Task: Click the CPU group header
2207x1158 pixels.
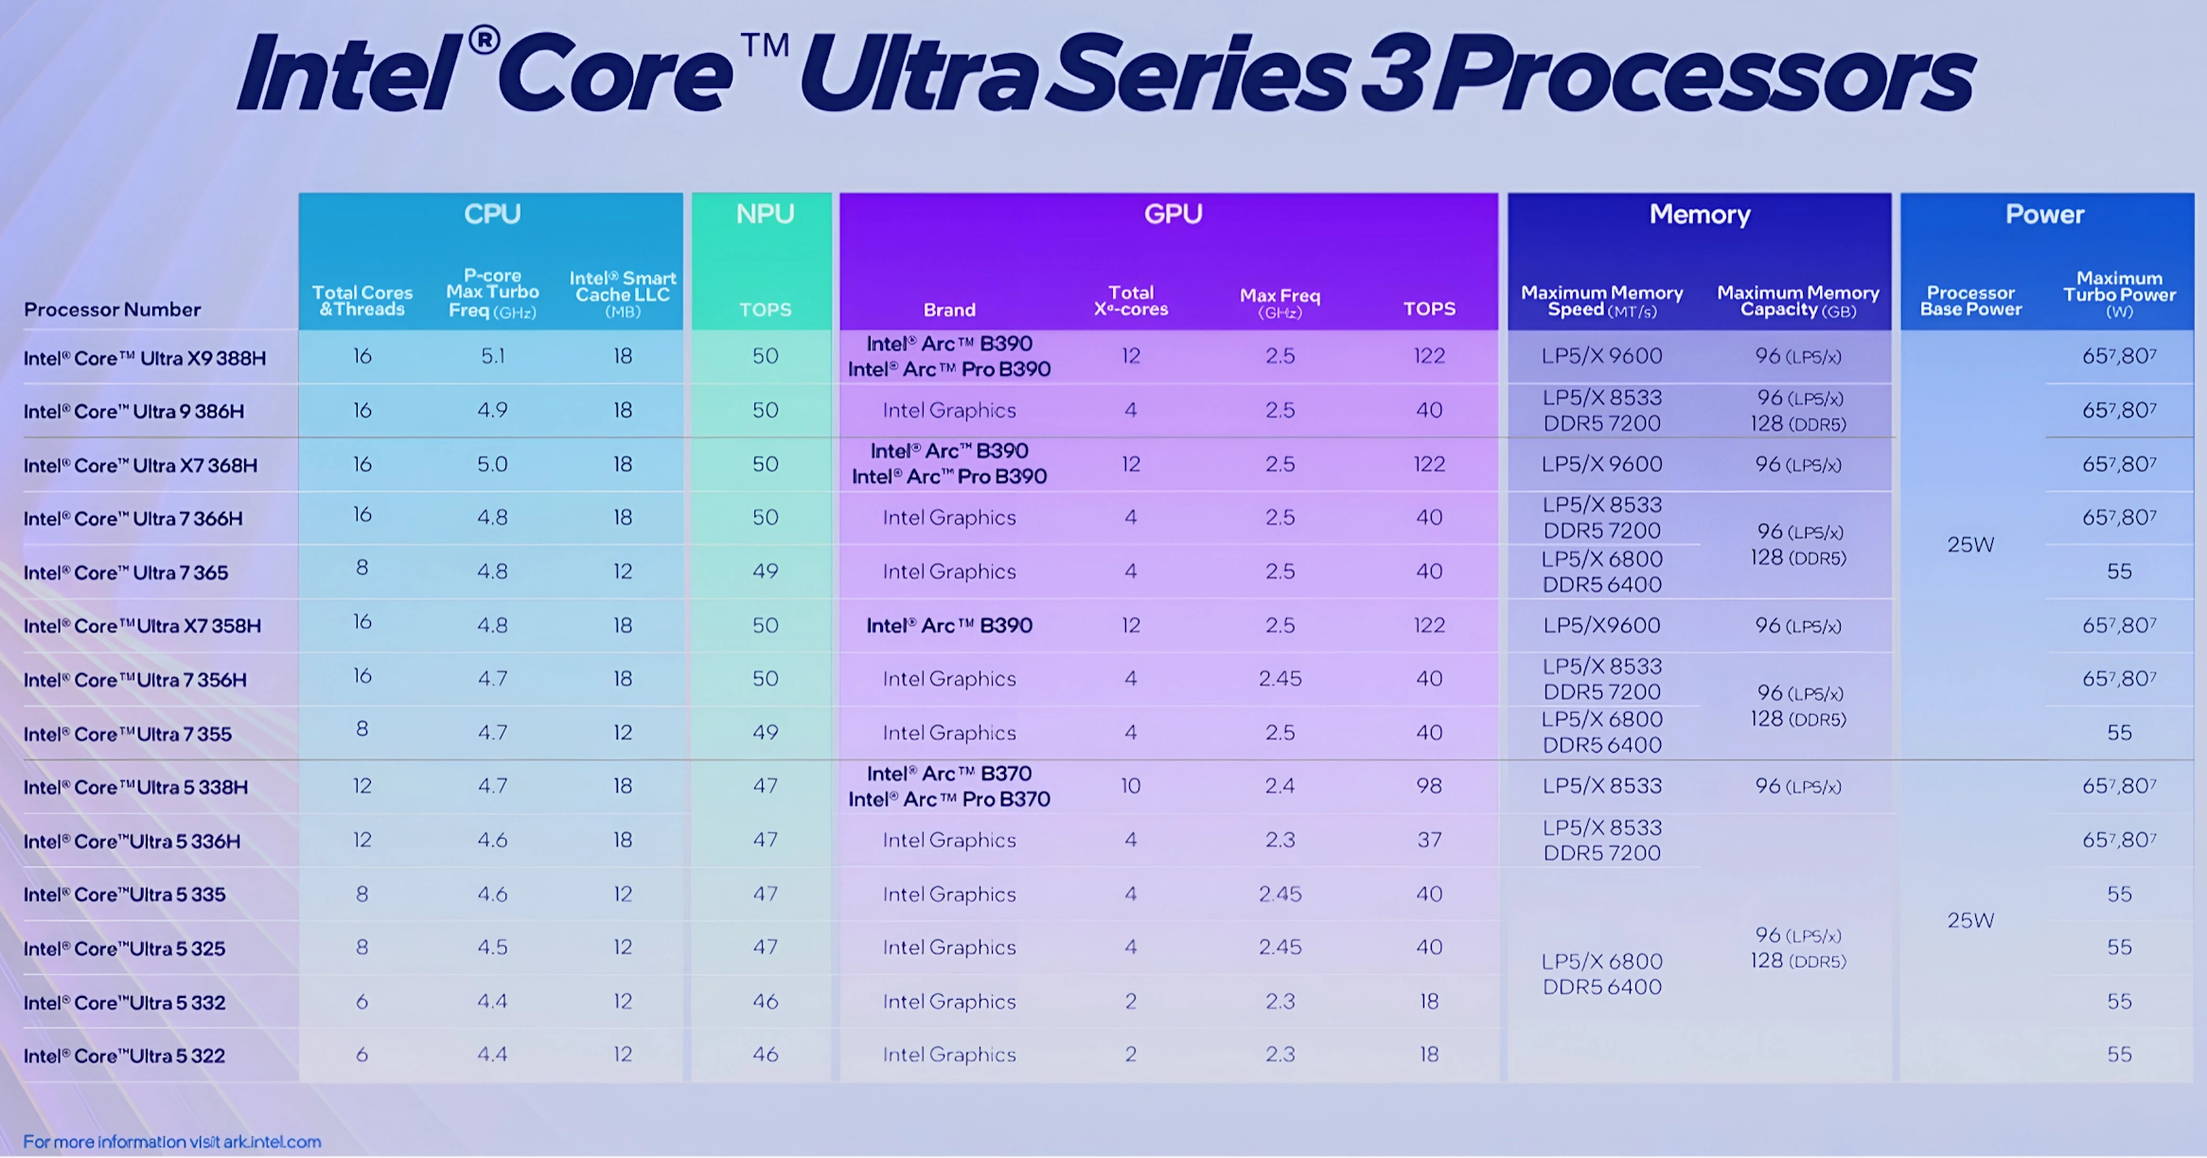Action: (492, 214)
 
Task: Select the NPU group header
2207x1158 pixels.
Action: (765, 214)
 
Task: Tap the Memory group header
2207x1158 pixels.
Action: (1700, 215)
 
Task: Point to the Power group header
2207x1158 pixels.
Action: (2044, 215)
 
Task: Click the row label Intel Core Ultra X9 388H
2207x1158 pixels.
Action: (145, 358)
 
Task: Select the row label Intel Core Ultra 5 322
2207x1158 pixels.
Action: (124, 1056)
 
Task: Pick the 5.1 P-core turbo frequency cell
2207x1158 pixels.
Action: (492, 356)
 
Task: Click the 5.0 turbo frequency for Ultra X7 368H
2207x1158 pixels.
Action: (492, 464)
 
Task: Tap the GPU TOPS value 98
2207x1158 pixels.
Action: (1429, 786)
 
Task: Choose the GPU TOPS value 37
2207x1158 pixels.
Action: (1429, 840)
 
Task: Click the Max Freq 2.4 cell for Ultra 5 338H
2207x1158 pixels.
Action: (1280, 786)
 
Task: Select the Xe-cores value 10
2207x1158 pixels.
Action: (1131, 786)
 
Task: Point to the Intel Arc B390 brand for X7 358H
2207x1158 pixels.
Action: (949, 625)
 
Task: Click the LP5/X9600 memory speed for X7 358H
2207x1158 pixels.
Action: (1601, 625)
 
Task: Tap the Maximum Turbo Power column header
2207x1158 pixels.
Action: (2119, 294)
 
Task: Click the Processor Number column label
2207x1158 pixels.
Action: (113, 310)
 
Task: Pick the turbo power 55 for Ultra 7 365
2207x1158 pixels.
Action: (2119, 571)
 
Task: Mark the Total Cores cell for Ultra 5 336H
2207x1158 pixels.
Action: (362, 840)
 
